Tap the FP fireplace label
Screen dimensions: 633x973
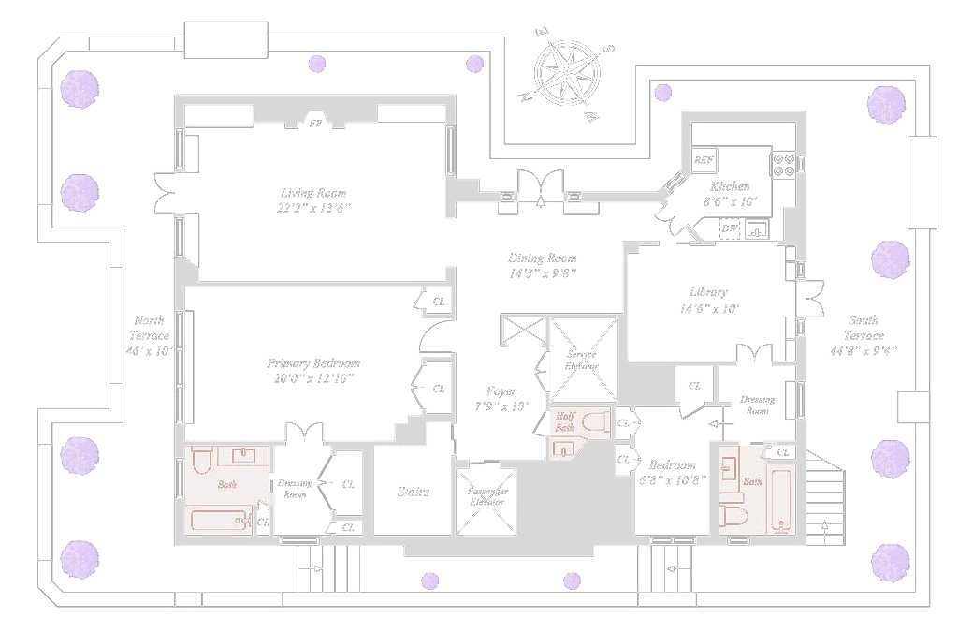(315, 123)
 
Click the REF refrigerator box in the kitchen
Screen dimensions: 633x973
(704, 160)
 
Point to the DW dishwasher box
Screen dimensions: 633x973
(730, 228)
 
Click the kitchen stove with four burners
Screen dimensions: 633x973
(783, 165)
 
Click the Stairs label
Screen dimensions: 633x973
(413, 492)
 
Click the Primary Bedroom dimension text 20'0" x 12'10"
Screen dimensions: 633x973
(313, 378)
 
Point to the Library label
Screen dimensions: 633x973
(708, 292)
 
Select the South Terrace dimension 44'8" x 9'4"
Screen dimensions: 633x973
(864, 351)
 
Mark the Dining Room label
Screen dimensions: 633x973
(543, 258)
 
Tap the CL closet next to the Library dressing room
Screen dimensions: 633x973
(694, 386)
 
